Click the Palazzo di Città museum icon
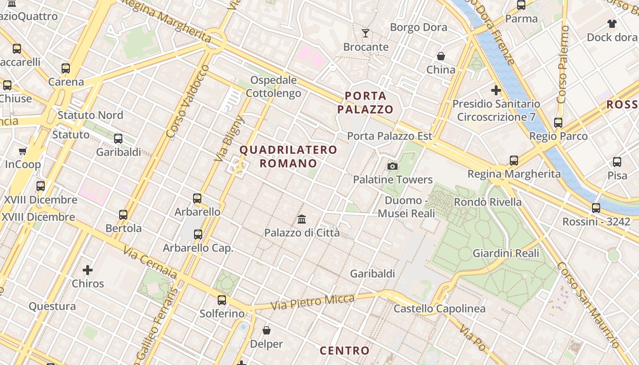coord(301,219)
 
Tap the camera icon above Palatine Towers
coord(392,166)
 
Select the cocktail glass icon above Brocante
coord(366,33)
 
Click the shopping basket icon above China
coord(440,56)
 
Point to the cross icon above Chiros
coord(88,270)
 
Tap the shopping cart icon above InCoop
coord(23,151)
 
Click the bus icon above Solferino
coord(222,300)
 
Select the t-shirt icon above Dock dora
coord(612,24)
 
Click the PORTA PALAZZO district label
coord(366,103)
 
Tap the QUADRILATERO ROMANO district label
coord(288,156)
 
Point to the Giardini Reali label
coord(506,253)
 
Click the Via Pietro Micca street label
coord(313,302)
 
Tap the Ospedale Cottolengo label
coord(273,87)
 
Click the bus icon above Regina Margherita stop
coord(514,160)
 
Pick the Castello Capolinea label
coord(440,309)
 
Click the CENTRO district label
coord(345,350)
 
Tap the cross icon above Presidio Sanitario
coord(496,90)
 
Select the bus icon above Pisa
coord(617,162)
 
